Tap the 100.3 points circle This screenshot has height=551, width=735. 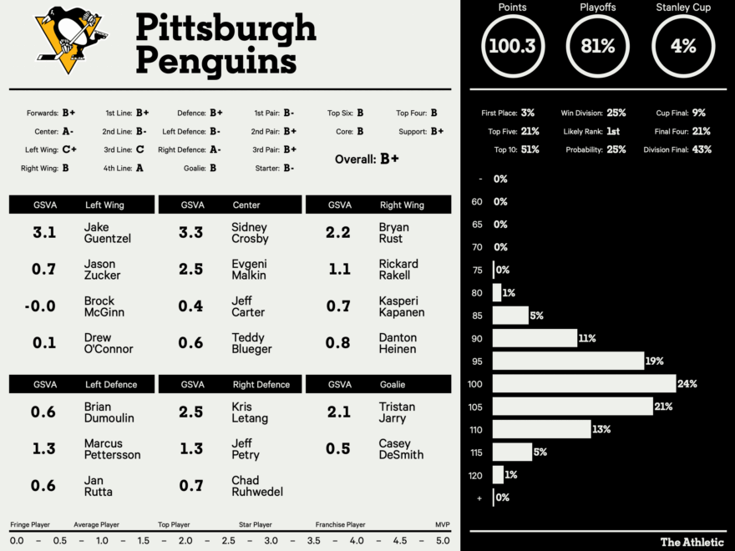[512, 46]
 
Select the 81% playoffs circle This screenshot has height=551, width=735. [597, 46]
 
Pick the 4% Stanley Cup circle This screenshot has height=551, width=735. [683, 46]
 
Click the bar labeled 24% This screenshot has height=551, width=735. [584, 384]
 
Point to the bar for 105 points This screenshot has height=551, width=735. [572, 407]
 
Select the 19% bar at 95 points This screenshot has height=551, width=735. [567, 361]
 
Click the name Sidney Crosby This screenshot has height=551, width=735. [250, 233]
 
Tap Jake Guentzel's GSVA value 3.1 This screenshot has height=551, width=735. [44, 233]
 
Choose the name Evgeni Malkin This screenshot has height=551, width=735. [249, 270]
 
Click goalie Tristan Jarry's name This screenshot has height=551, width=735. [397, 412]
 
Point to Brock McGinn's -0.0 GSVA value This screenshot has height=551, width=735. [40, 306]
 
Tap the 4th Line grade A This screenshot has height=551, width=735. [139, 168]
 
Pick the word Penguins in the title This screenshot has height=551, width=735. [216, 61]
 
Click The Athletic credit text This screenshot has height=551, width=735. [692, 542]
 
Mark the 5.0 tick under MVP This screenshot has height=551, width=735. [442, 541]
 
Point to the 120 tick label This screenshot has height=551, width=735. [477, 475]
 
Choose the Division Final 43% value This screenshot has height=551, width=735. [702, 149]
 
